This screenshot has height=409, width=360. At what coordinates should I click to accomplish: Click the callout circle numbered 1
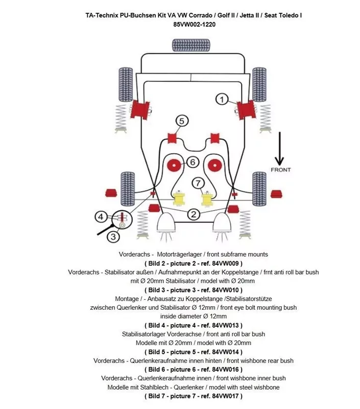[222, 99]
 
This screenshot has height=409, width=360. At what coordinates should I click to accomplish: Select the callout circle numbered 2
[194, 214]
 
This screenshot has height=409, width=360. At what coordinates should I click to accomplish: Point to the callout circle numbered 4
[101, 217]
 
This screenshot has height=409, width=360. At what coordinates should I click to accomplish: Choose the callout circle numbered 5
[182, 121]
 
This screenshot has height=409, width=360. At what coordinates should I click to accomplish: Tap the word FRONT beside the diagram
[280, 170]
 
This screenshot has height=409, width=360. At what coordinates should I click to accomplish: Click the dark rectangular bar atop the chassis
[193, 45]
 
